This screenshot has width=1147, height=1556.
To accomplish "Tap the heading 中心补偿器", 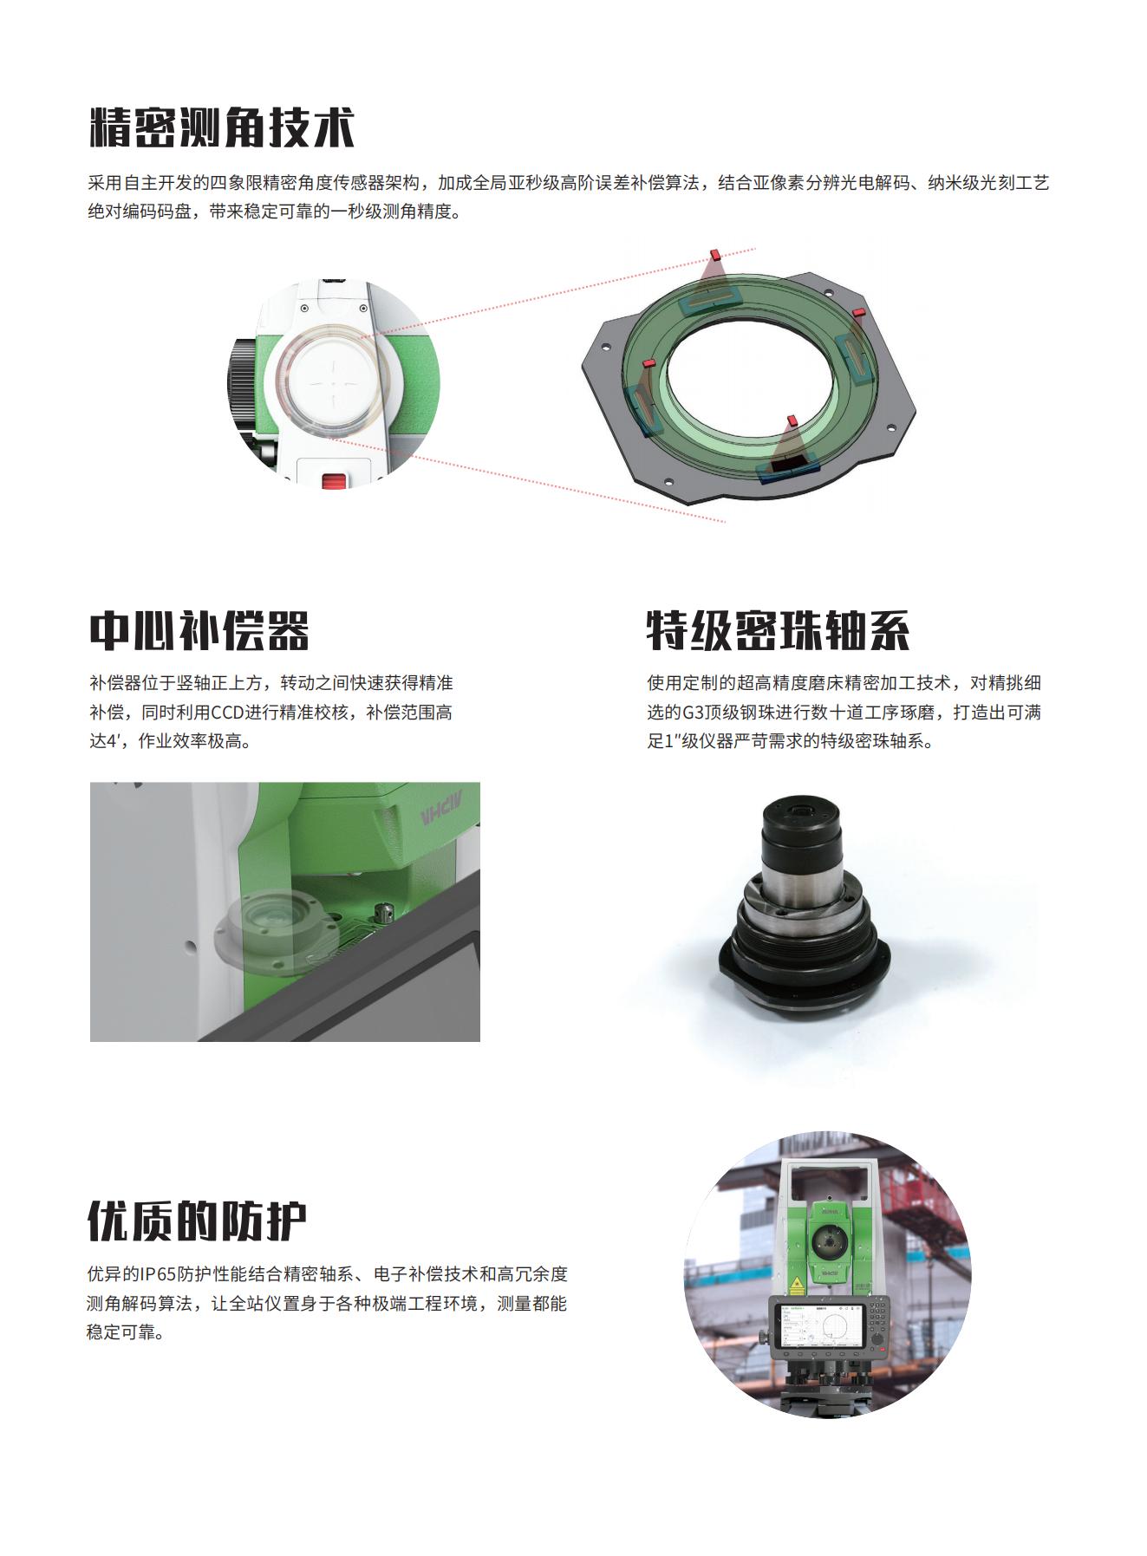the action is pos(199,630).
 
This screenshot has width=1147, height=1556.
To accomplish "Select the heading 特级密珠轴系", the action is pos(778,630).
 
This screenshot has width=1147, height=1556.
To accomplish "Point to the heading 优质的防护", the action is pos(197,1221).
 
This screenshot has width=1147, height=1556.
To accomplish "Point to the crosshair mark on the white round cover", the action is pos(335,381).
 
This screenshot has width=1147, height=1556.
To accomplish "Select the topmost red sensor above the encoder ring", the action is pos(716,253).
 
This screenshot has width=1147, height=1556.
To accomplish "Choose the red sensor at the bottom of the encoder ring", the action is pos(791,420).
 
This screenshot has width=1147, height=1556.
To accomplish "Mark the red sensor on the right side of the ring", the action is pos(859,311).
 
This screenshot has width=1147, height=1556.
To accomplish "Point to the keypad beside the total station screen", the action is pos(878,1318).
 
